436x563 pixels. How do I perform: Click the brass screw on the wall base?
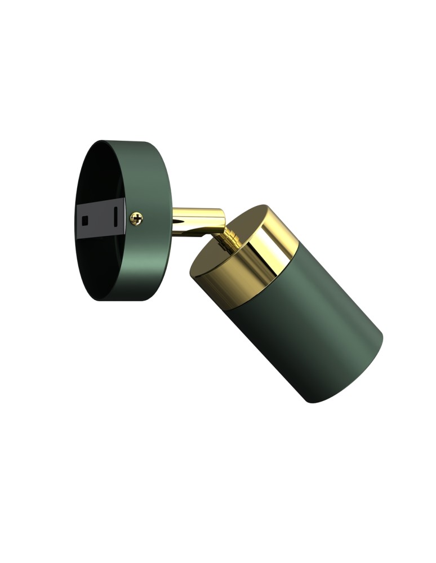[x=136, y=218]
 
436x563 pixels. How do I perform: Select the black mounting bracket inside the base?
[x=99, y=218]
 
